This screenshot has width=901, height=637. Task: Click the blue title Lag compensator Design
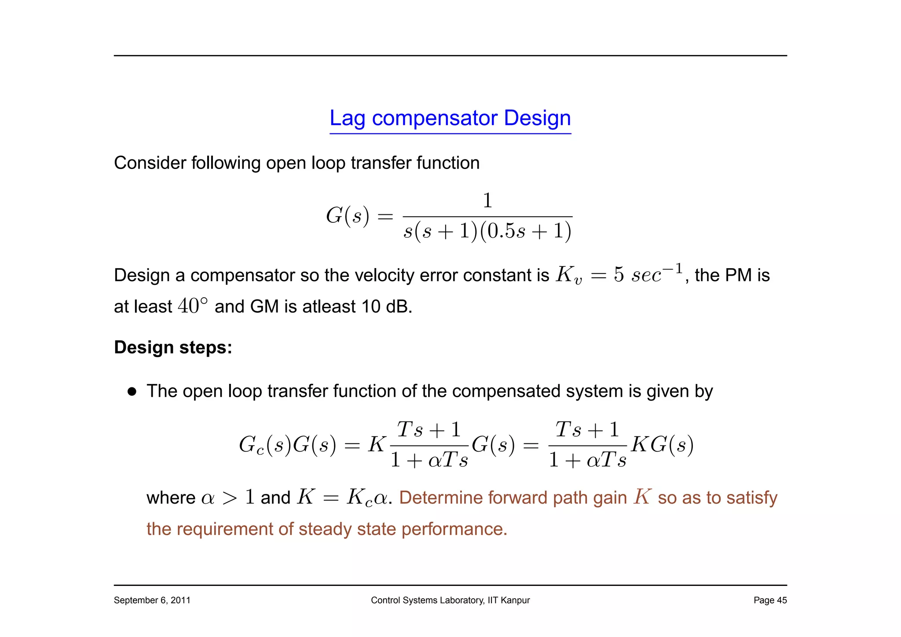pos(450,118)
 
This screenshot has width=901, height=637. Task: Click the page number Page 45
pos(770,600)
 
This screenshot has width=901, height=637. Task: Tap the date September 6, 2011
pos(152,600)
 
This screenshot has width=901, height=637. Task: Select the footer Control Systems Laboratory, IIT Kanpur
pos(450,600)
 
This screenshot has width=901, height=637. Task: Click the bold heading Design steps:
pos(173,347)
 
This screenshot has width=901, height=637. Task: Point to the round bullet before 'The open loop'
pos(132,391)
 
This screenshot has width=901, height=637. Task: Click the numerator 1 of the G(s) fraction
pos(487,201)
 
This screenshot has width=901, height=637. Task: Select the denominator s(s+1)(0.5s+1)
pos(487,231)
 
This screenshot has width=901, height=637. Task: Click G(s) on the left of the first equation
pos(347,216)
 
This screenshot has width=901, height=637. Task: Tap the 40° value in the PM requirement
pos(192,306)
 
